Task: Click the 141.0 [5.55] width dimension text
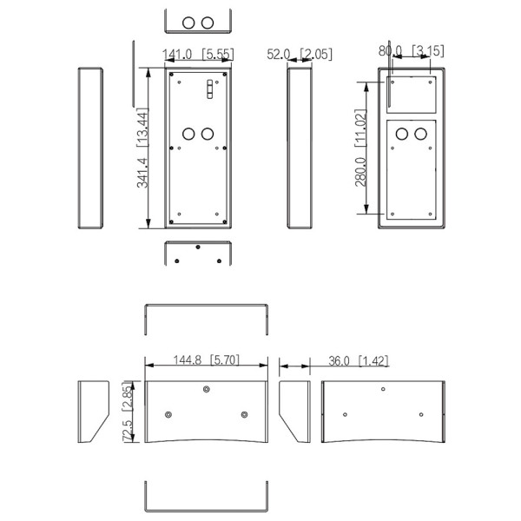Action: (198, 55)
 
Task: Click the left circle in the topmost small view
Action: (187, 22)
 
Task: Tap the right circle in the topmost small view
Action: (208, 22)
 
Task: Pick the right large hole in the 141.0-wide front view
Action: (208, 135)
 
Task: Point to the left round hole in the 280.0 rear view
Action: (402, 134)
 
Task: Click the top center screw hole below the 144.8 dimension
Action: (206, 389)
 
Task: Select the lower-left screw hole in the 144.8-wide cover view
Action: (168, 414)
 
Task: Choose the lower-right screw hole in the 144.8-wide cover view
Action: (244, 414)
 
